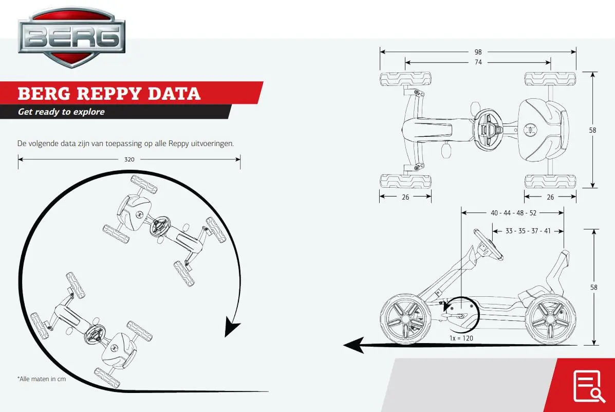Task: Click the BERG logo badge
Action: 71,37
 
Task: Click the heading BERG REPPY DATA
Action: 109,94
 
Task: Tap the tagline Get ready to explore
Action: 61,112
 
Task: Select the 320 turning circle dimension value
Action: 129,159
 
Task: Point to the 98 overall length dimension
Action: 478,52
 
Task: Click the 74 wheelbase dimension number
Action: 478,62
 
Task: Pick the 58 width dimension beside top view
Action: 592,130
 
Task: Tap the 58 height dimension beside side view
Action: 593,287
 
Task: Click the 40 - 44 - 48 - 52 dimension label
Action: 513,212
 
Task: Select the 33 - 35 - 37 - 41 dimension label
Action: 528,231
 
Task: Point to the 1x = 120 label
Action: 461,338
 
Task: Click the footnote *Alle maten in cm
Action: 42,379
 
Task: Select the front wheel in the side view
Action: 403,318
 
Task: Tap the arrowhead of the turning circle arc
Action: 233,328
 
